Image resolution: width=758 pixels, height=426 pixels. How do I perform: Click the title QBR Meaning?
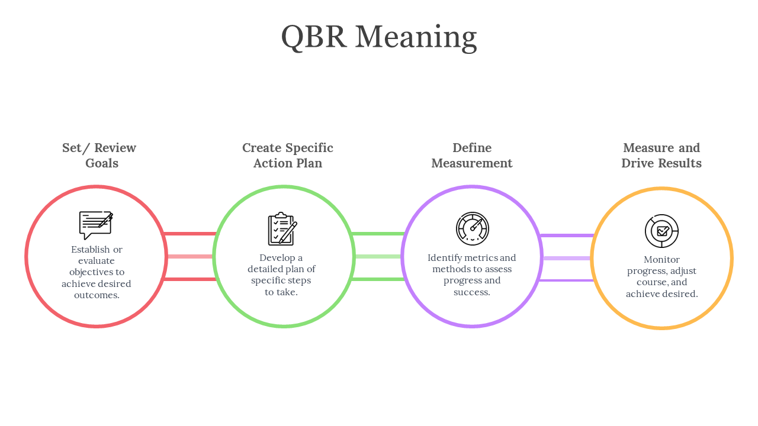coord(379,37)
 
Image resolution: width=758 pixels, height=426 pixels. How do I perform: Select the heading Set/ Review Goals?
coord(99,156)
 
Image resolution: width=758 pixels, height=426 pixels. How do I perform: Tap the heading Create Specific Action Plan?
coord(288,156)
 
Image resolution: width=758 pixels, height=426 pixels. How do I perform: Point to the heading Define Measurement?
coord(472,156)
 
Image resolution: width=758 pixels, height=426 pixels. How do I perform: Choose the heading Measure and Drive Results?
coord(661,156)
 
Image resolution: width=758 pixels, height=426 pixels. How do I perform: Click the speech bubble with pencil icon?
coord(96,225)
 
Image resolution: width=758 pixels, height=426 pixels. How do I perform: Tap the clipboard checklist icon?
coord(282,229)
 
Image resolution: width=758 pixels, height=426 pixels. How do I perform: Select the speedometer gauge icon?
coord(473,229)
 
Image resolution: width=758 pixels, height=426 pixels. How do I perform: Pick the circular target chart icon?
coord(661,231)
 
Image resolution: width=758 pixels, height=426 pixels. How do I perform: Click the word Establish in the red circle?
coord(90,250)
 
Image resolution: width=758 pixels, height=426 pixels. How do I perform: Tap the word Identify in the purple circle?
coord(445,258)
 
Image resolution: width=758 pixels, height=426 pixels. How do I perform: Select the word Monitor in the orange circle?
coord(661,260)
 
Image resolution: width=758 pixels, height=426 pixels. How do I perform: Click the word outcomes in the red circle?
coord(97,295)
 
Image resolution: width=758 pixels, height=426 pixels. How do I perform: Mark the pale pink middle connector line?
coord(189,257)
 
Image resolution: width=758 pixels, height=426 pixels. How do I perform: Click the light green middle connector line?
coord(378,257)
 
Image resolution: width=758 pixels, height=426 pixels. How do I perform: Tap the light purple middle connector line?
coord(566,259)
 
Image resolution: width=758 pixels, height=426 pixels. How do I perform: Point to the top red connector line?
coord(189,234)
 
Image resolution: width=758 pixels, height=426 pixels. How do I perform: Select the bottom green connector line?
coord(378,279)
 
